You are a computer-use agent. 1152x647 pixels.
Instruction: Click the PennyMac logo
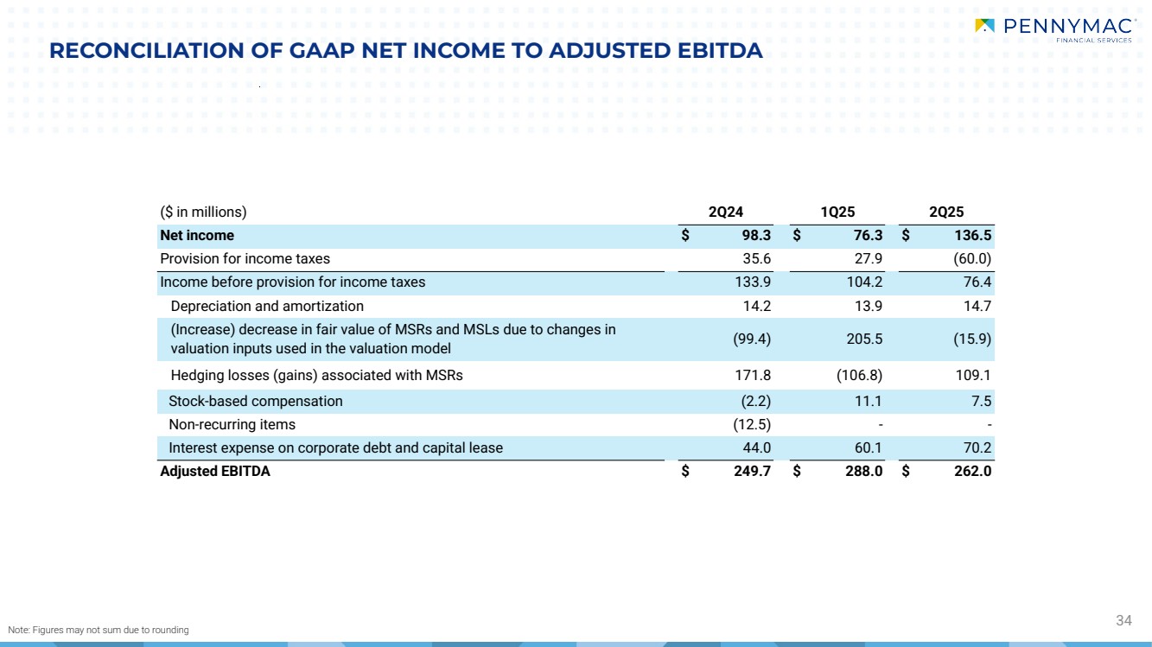point(1053,29)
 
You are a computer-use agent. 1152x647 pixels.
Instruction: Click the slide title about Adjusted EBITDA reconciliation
point(405,51)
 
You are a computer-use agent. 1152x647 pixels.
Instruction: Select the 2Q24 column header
point(725,212)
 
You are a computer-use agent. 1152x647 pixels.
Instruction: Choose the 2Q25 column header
point(946,212)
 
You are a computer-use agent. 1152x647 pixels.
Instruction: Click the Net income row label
point(197,236)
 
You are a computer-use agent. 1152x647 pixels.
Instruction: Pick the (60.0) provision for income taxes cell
point(971,259)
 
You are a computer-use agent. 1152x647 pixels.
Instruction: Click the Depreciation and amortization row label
point(267,307)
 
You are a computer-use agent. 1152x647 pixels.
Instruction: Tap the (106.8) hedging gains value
point(859,376)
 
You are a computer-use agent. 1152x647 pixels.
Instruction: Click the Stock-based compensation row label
point(255,402)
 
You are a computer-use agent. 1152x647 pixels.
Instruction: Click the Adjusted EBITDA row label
point(215,472)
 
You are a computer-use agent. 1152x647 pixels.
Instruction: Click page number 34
point(1123,620)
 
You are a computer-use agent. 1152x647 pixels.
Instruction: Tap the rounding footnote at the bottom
point(98,631)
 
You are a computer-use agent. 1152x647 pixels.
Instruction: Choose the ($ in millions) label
point(204,212)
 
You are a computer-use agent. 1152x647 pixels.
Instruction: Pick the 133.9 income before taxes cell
point(754,282)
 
